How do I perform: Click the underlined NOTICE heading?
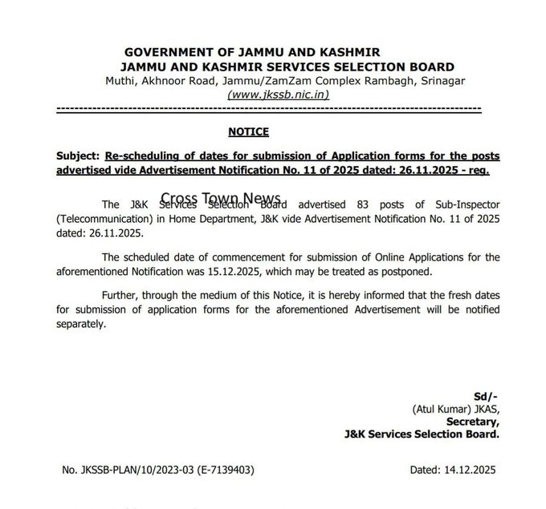[x=248, y=132]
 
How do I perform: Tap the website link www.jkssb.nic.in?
[x=278, y=95]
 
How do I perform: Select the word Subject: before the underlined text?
[x=77, y=156]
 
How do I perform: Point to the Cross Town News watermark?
[x=221, y=198]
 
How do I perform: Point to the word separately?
[x=80, y=324]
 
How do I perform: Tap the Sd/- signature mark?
[x=486, y=396]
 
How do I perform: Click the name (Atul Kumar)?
[x=441, y=409]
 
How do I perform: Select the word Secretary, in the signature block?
[x=473, y=422]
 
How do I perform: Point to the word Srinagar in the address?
[x=439, y=81]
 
